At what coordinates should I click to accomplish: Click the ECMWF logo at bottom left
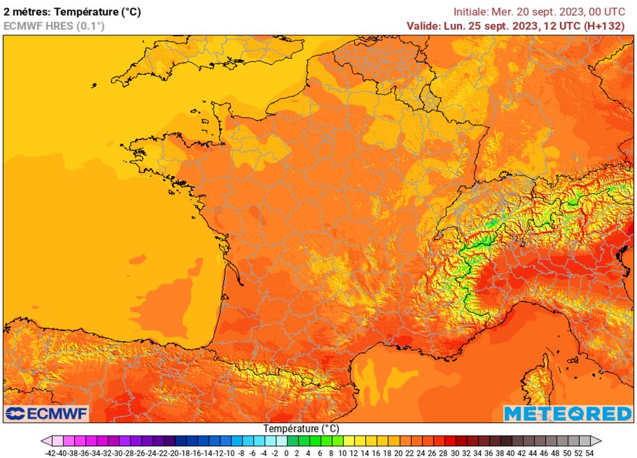click(47, 413)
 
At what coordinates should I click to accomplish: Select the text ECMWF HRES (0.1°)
click(54, 26)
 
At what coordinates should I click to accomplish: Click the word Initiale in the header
click(470, 11)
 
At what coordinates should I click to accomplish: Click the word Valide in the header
click(423, 26)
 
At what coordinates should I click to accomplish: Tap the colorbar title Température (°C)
click(301, 429)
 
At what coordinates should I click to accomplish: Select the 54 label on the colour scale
click(589, 453)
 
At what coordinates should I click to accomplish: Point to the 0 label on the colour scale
click(286, 453)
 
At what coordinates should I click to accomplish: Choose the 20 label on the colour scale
click(398, 453)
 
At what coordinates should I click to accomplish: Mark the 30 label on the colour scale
click(454, 453)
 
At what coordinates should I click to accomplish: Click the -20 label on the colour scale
click(175, 453)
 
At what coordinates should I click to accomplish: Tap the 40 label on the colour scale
click(510, 453)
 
